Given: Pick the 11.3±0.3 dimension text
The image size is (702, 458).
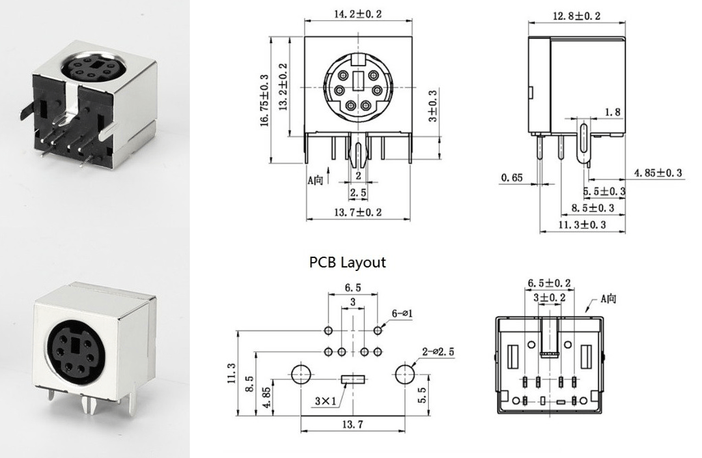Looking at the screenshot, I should point(582,224).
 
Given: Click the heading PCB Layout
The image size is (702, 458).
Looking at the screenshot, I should point(348,262).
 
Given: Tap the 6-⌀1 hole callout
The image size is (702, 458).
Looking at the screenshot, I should point(403,313).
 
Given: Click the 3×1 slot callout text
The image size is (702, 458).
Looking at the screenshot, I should point(326,401).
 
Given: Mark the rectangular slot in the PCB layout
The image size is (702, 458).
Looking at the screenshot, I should point(352,377).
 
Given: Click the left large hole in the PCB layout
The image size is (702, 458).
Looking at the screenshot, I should point(300,374).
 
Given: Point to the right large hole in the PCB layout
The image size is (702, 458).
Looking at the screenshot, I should point(405,374).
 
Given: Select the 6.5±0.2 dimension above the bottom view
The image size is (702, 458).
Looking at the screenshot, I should point(550,283).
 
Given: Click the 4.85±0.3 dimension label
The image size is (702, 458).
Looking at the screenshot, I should point(658,173).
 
